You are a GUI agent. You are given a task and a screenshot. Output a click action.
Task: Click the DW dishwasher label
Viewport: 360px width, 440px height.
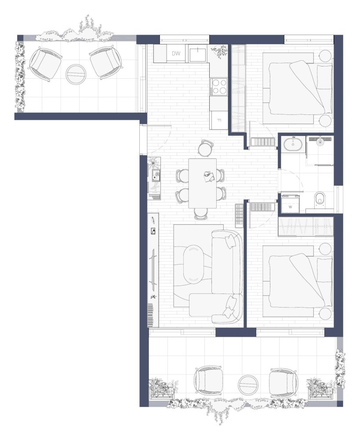click(x=176, y=53)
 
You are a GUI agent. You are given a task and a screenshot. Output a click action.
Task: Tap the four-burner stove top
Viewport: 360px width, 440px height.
click(x=219, y=86)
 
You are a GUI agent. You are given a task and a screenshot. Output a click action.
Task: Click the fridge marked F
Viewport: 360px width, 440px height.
click(x=219, y=120)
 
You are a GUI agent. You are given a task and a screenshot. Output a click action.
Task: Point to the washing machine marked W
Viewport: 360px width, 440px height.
click(x=290, y=205)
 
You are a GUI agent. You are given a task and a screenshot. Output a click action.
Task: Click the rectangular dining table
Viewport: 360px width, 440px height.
click(x=203, y=183)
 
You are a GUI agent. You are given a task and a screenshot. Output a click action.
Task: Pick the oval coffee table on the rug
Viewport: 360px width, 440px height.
click(x=193, y=264)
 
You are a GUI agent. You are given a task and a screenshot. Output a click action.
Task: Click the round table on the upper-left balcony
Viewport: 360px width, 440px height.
click(x=76, y=74)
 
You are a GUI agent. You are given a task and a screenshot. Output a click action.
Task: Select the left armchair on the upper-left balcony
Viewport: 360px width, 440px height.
click(x=45, y=64)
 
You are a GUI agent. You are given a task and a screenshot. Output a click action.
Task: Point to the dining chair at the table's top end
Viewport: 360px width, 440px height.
click(x=205, y=147)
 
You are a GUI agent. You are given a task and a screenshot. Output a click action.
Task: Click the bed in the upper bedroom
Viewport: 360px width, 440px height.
click(x=298, y=88)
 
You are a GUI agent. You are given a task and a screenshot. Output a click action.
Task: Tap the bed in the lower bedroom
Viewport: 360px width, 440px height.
click(x=298, y=281)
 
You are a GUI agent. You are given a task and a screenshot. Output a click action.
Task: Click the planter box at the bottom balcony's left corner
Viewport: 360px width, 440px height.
click(x=163, y=389)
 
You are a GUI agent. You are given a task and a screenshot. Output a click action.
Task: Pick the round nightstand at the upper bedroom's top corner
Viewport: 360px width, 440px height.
click(x=326, y=56)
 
